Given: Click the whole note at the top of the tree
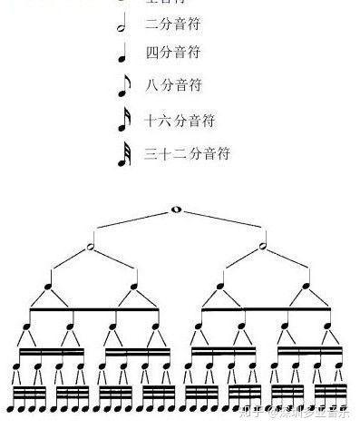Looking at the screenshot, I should [177, 210].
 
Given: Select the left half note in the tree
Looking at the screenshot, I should [91, 246].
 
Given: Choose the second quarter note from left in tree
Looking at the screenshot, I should [132, 288].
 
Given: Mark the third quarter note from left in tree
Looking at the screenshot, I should [219, 288].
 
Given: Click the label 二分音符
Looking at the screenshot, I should [171, 24].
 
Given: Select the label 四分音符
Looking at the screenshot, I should [171, 53].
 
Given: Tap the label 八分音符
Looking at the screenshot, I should [171, 85].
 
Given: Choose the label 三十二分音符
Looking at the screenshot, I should [187, 153].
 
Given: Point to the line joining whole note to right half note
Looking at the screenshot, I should [221, 227].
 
